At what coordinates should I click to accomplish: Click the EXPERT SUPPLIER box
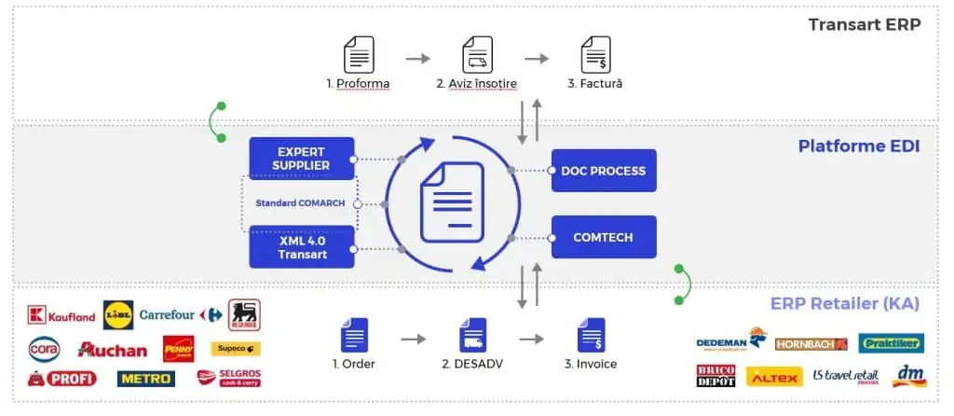[302, 159]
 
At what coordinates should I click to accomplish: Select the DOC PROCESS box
[603, 171]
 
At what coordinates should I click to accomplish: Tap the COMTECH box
[603, 237]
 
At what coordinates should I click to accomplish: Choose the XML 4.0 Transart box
[302, 247]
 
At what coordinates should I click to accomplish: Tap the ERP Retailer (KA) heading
[845, 303]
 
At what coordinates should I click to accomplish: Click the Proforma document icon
[359, 55]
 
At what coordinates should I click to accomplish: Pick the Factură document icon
[595, 55]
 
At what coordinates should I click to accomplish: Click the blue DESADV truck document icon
[473, 335]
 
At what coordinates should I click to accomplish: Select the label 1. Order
[354, 364]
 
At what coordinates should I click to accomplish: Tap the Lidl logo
[118, 314]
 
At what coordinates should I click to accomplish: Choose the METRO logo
[145, 379]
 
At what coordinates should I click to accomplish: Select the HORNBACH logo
[810, 343]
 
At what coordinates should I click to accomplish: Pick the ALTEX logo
[773, 377]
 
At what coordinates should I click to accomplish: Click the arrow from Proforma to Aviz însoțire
[418, 58]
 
